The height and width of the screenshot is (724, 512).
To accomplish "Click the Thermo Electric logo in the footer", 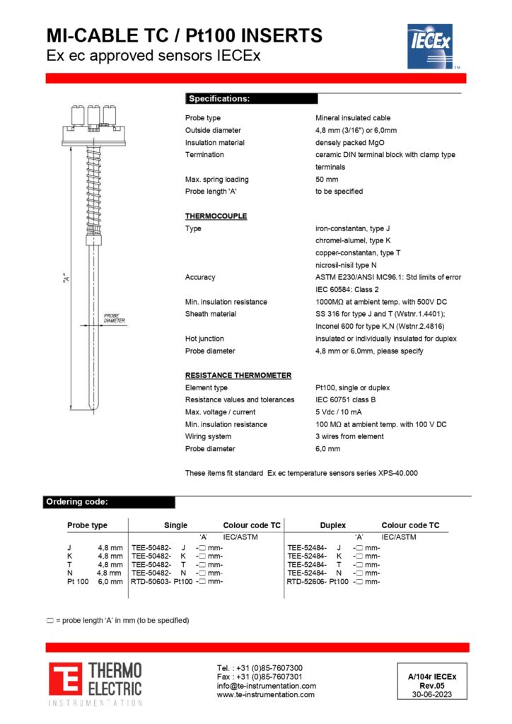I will pyautogui.click(x=95, y=683).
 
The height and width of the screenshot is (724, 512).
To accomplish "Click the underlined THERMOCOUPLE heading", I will pyautogui.click(x=216, y=216).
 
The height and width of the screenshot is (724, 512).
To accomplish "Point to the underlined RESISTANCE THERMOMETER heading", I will pyautogui.click(x=238, y=375).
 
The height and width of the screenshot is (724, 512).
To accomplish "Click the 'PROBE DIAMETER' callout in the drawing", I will pyautogui.click(x=114, y=319).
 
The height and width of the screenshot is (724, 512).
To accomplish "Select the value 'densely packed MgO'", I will pyautogui.click(x=351, y=142).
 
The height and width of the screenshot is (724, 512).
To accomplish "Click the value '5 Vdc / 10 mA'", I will pyautogui.click(x=339, y=412).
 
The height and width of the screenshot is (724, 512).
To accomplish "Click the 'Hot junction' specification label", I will pyautogui.click(x=204, y=339).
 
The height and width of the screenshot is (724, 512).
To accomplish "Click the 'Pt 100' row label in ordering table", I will pyautogui.click(x=78, y=581).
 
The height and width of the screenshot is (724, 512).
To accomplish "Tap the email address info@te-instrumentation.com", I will pyautogui.click(x=266, y=686).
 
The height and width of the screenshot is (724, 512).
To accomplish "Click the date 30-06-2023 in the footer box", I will pyautogui.click(x=431, y=694).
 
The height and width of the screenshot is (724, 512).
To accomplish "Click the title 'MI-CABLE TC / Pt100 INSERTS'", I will pyautogui.click(x=184, y=35).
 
